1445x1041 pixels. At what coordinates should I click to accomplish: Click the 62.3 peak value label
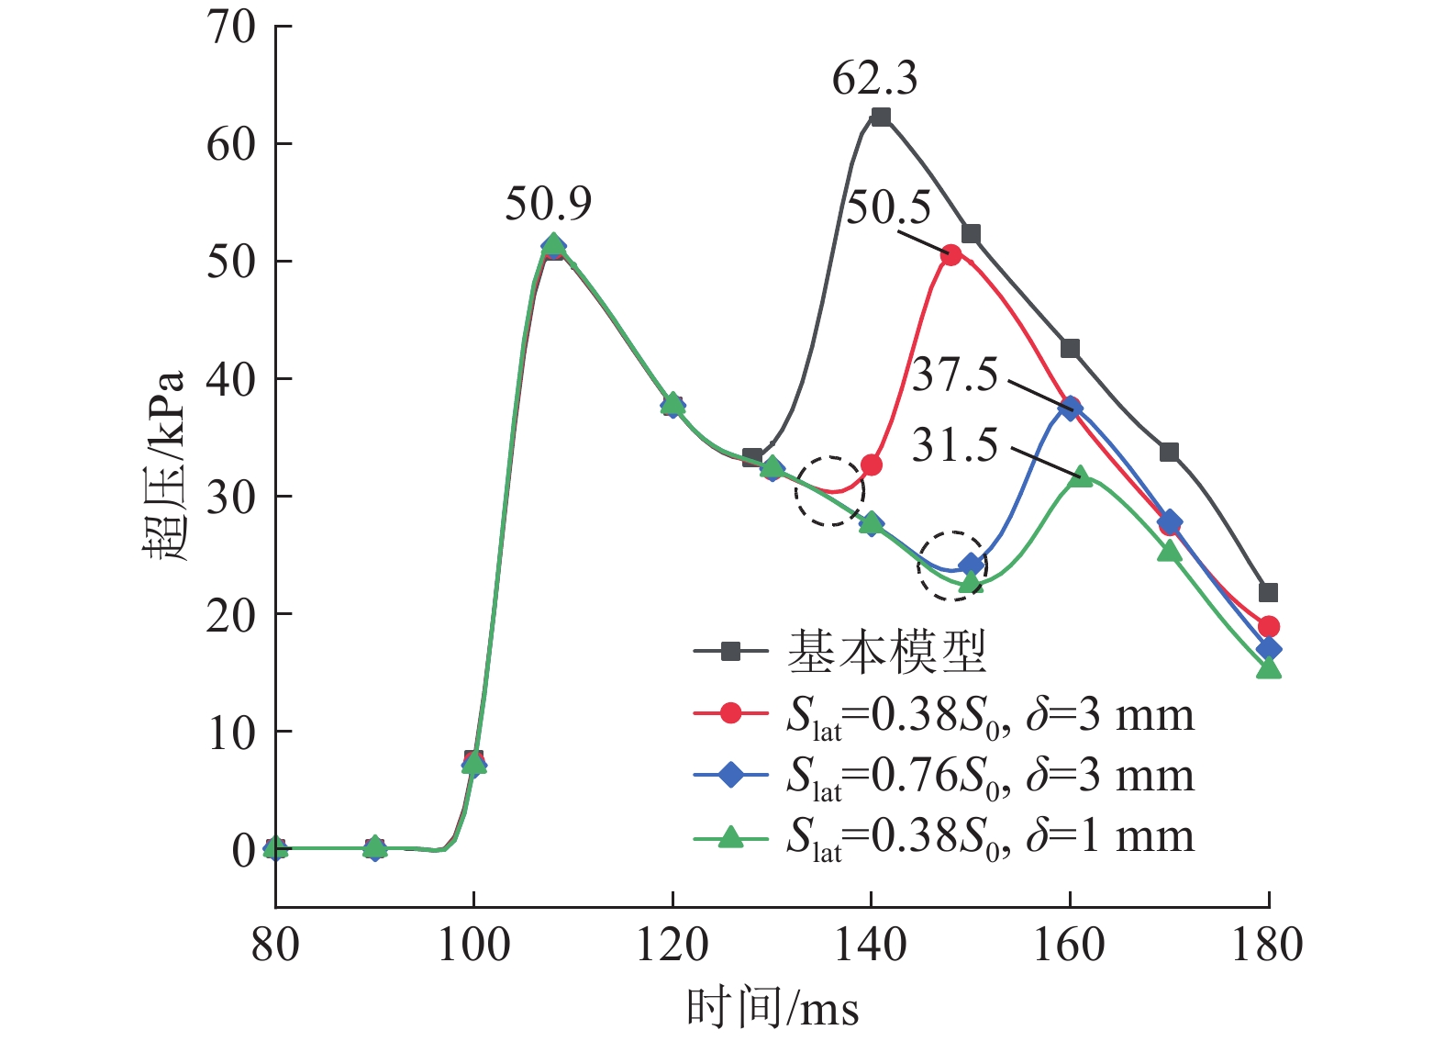pos(874,79)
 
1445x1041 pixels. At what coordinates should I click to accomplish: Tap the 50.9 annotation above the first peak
pos(548,204)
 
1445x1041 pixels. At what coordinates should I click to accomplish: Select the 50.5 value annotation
pos(887,208)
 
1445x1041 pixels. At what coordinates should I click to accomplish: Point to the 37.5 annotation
pos(954,375)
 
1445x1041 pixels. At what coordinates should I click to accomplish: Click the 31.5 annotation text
pos(954,446)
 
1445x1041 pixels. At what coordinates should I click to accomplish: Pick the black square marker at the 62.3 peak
pos(881,117)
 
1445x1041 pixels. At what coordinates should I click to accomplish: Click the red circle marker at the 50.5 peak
pos(950,255)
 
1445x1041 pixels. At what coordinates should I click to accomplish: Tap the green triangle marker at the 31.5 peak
pos(1081,476)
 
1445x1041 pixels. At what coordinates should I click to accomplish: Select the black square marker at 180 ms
pos(1268,593)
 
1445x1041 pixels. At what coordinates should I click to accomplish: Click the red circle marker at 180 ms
pos(1268,627)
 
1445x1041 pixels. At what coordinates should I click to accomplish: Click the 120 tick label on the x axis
pos(672,946)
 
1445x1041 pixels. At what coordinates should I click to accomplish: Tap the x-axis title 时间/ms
pos(773,1009)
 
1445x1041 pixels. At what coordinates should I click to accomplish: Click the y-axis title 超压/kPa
pos(165,466)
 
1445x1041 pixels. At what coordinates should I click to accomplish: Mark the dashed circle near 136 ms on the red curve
pos(829,491)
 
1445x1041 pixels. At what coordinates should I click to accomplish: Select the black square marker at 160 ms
pos(1070,349)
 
